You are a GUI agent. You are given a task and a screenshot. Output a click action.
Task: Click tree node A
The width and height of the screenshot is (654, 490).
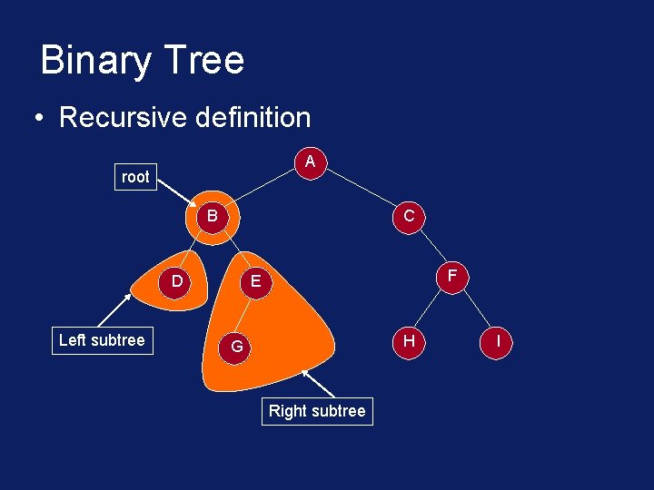(x=311, y=162)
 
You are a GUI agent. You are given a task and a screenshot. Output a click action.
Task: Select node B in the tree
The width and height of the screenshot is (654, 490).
(x=212, y=217)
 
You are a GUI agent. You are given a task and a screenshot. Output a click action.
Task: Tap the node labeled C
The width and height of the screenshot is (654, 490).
(x=409, y=217)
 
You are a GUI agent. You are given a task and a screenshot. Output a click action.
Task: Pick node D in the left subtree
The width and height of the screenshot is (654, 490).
(x=177, y=281)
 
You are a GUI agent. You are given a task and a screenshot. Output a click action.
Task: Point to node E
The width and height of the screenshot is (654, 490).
(x=256, y=282)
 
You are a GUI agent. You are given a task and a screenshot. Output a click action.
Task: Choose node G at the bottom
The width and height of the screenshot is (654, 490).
(x=236, y=347)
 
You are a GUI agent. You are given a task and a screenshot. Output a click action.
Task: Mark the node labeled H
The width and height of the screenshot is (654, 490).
(x=409, y=341)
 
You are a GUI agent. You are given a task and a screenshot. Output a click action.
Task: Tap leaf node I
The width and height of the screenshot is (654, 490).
(x=499, y=341)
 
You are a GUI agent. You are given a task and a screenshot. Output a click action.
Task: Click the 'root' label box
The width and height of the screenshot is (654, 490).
(x=135, y=177)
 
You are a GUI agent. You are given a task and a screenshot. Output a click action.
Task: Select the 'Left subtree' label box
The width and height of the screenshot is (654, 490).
(x=102, y=340)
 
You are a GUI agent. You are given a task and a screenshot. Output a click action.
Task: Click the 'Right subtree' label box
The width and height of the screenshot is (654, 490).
(x=317, y=411)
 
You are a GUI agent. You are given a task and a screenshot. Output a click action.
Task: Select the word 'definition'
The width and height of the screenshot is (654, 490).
(x=253, y=117)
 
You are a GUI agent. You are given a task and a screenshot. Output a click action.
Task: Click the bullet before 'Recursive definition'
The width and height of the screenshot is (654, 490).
(x=39, y=119)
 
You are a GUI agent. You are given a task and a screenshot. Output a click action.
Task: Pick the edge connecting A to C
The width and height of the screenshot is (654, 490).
(x=361, y=190)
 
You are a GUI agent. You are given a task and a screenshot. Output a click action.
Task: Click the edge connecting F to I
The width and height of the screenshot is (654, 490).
(x=476, y=309)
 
